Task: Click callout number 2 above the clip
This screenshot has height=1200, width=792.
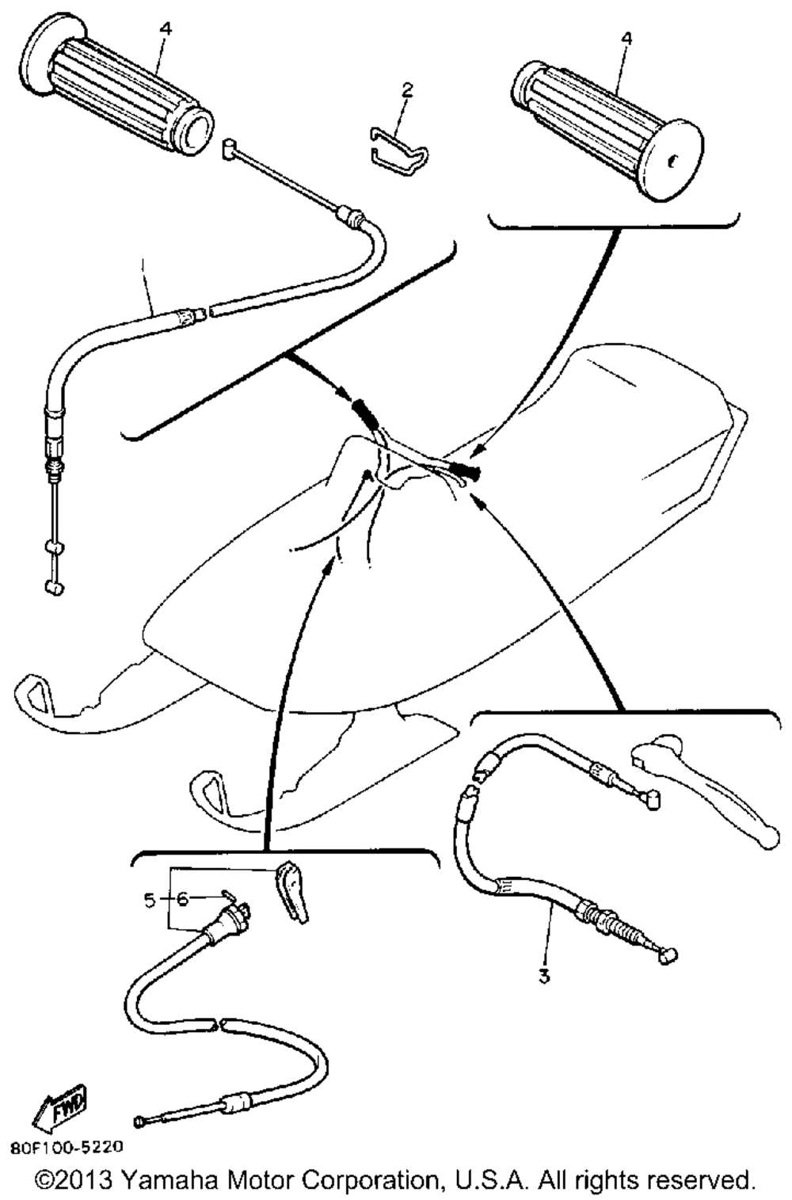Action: click(x=406, y=90)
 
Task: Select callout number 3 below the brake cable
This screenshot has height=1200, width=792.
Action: click(x=544, y=976)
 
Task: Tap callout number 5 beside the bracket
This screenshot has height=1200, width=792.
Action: click(x=150, y=900)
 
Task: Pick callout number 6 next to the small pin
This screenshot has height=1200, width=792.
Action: click(x=182, y=900)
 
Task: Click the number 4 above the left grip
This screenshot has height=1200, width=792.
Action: click(x=165, y=29)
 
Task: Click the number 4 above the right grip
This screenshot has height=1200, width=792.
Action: click(x=626, y=37)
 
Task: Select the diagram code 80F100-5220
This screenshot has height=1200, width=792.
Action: click(x=67, y=1146)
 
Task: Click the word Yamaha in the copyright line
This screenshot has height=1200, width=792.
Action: click(x=170, y=1180)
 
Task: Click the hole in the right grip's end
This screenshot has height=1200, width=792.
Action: click(x=672, y=161)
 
